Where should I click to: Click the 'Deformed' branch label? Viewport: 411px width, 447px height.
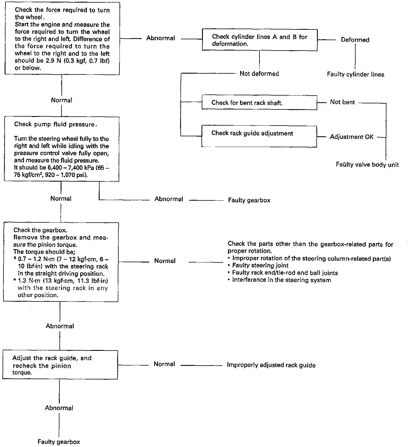[x=355, y=40]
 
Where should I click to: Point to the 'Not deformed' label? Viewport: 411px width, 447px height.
[x=259, y=74]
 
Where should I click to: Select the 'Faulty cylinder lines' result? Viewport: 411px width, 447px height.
[x=356, y=74]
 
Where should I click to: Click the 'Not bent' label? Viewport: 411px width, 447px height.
[x=342, y=102]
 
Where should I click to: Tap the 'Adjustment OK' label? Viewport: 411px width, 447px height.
[x=352, y=137]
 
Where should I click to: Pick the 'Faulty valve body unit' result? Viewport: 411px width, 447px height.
[x=367, y=165]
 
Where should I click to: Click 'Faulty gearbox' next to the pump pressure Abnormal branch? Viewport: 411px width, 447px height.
[x=249, y=200]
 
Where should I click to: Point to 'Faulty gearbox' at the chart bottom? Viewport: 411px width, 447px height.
[x=59, y=442]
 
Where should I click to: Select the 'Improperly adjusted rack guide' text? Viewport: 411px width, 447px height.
[x=271, y=365]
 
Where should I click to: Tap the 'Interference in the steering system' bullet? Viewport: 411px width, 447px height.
[x=279, y=280]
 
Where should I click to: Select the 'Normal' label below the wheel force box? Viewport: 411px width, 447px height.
[x=61, y=100]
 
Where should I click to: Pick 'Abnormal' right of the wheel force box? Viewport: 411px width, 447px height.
[x=160, y=38]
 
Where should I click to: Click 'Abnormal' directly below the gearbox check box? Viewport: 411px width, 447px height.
[x=60, y=326]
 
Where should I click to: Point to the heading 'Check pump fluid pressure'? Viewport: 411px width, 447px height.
[x=55, y=124]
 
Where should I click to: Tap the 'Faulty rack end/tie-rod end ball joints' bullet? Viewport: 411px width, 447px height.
[x=283, y=273]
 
